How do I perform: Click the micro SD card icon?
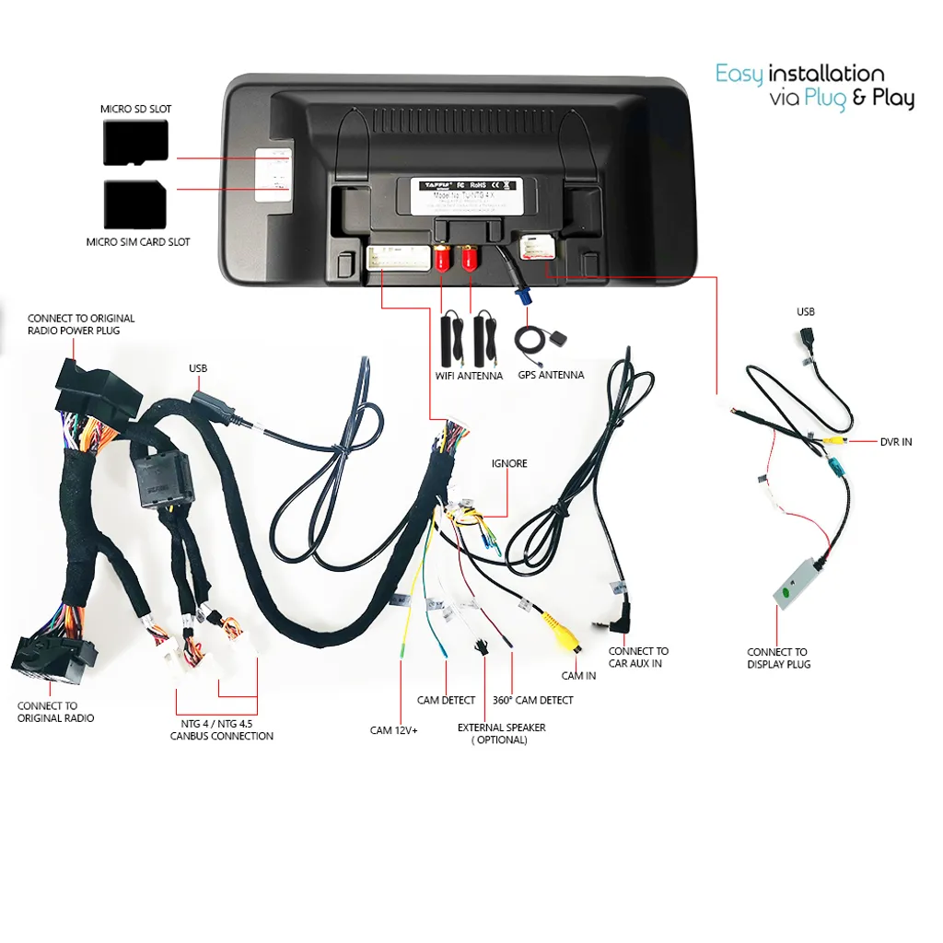pyautogui.click(x=135, y=143)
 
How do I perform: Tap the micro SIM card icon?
pyautogui.click(x=135, y=204)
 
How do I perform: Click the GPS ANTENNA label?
pyautogui.click(x=550, y=375)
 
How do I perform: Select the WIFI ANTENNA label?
pyautogui.click(x=469, y=376)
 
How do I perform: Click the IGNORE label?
pyautogui.click(x=509, y=463)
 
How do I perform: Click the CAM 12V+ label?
pyautogui.click(x=394, y=730)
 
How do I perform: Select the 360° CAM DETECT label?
pyautogui.click(x=532, y=700)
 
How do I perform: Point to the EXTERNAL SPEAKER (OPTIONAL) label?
pyautogui.click(x=501, y=733)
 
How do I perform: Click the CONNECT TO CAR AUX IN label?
pyautogui.click(x=638, y=657)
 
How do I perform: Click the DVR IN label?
pyautogui.click(x=895, y=442)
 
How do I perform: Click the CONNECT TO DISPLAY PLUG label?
pyautogui.click(x=778, y=658)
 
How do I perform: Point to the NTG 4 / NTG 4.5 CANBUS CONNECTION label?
pyautogui.click(x=222, y=729)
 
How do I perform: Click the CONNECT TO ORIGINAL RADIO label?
pyautogui.click(x=55, y=712)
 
